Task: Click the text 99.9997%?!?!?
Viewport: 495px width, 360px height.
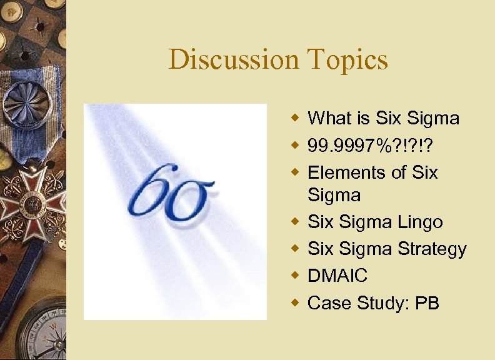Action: pyautogui.click(x=367, y=145)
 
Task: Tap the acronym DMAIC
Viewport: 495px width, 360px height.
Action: pyautogui.click(x=337, y=276)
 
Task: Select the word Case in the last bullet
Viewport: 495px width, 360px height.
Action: pyautogui.click(x=330, y=303)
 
